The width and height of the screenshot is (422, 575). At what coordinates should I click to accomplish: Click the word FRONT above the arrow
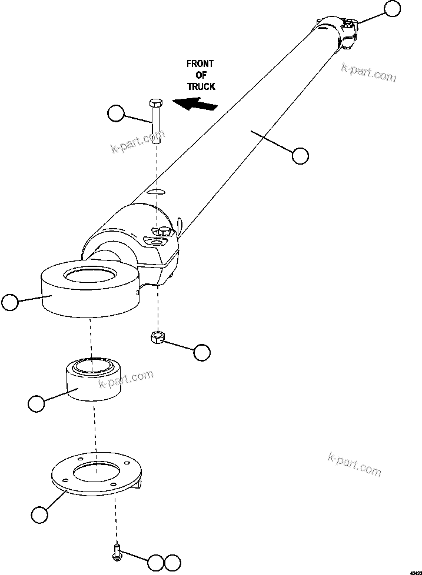point(201,63)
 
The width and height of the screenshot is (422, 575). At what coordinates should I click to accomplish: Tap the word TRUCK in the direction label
point(201,86)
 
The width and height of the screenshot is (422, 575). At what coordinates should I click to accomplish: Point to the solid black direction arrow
point(197,105)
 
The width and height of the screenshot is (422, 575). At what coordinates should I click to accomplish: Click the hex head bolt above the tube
point(156,121)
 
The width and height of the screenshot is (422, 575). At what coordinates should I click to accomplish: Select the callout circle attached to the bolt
point(117,113)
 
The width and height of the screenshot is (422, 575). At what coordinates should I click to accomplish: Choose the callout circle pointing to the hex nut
point(202,352)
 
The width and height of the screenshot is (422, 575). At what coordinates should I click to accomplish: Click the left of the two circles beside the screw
point(156,562)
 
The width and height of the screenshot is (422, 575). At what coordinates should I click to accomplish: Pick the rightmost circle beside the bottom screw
point(172,562)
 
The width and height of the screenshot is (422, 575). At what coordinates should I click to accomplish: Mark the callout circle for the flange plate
point(39,515)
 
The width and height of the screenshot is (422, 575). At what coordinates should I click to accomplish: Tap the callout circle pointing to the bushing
point(36,403)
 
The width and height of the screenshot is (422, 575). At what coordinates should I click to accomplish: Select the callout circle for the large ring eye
point(10,302)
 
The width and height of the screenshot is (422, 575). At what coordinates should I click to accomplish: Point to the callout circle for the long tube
point(300,156)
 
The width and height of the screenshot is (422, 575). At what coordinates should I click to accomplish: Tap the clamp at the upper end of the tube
point(338,32)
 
